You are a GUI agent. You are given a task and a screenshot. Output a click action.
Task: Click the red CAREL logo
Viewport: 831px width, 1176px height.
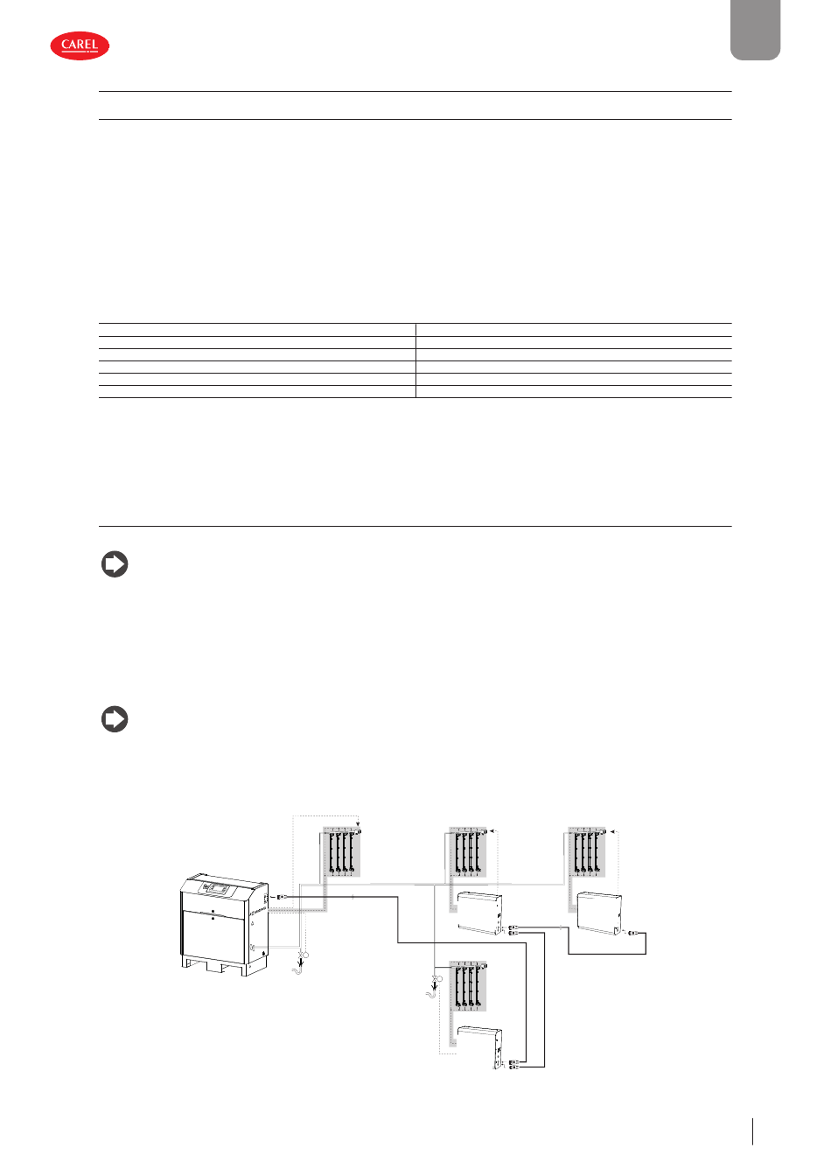click(x=80, y=45)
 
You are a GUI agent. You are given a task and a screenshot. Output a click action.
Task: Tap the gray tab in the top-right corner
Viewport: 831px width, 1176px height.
click(x=755, y=30)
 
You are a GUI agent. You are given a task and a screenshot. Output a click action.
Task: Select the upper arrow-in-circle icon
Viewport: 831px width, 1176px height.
click(x=115, y=564)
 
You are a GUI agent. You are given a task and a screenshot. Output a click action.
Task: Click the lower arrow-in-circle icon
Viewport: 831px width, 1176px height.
click(x=115, y=719)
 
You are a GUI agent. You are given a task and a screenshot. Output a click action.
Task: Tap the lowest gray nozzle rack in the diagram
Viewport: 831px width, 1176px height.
click(x=467, y=986)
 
